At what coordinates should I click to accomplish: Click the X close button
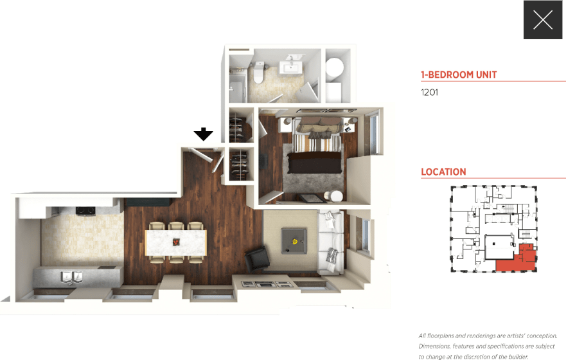tap(543, 20)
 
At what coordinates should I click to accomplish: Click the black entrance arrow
tap(204, 134)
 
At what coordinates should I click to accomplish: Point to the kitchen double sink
tap(71, 276)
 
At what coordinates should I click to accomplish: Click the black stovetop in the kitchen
tap(85, 210)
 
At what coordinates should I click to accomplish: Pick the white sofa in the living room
tap(332, 244)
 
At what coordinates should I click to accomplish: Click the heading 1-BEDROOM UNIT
tap(459, 75)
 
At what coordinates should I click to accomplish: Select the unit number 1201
tap(429, 92)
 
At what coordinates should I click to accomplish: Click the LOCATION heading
tap(443, 172)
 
